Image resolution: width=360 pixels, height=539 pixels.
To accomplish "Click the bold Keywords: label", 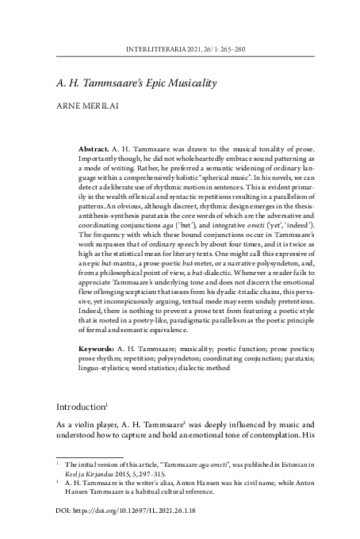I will (x=98, y=349).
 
